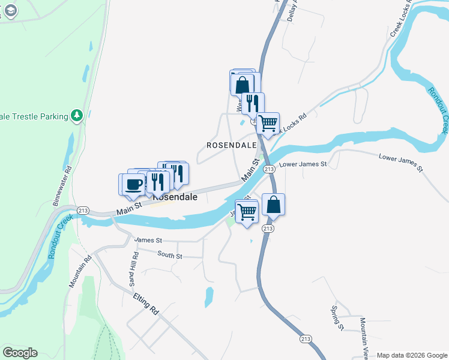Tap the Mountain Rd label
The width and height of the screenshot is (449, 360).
point(79,271)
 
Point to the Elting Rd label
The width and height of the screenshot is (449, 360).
point(146,303)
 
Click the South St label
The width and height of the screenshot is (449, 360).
point(170,255)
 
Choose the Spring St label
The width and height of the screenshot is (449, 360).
point(337,318)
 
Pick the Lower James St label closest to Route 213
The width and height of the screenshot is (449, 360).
point(303,164)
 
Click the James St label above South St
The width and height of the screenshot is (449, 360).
point(148,240)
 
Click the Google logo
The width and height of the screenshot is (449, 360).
point(20,353)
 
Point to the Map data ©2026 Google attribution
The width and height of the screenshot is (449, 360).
point(411,355)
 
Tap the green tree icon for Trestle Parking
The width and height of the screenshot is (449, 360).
point(76,115)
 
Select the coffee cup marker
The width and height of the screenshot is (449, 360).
point(134,184)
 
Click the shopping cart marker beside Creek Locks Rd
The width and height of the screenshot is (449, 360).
point(268,123)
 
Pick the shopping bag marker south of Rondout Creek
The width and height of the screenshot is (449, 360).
point(273,205)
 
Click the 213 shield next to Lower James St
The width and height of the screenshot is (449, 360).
point(270,170)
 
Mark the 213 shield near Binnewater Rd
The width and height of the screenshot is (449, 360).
point(83,210)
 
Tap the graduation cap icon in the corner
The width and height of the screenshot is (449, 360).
point(10,10)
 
